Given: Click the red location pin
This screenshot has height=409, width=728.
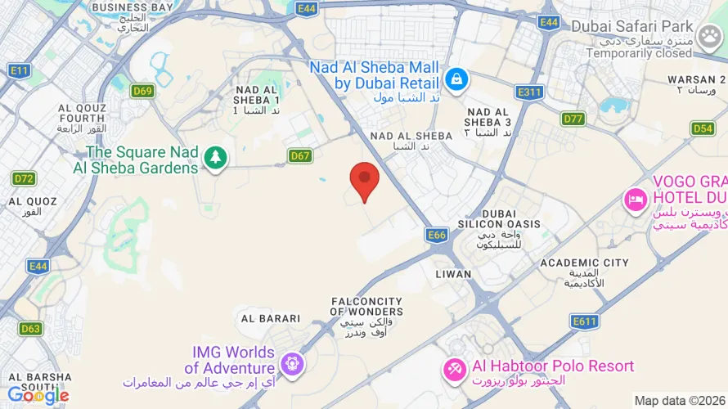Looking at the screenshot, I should point(364,179).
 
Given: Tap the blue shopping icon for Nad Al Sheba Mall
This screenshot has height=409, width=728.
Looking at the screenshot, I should point(455,79).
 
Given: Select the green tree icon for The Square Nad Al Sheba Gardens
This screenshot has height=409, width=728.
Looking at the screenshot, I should point(215,157).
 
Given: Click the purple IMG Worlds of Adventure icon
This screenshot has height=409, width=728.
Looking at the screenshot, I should point(291,362).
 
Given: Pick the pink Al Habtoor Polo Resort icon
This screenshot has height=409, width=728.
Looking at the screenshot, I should point(454,370).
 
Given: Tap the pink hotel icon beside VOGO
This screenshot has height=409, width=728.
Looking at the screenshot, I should point(636,199).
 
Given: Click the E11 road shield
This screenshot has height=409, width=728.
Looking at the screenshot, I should point(20,71).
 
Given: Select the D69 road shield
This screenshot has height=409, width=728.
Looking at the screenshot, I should point(142,91).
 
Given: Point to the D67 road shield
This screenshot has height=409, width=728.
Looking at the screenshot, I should point(300,155).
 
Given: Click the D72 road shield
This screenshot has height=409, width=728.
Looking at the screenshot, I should point(25,178).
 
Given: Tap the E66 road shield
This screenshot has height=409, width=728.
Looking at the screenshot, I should point(438,236).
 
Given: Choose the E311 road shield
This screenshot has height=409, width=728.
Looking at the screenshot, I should point(529,92).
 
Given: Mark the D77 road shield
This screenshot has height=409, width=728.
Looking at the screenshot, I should point(573,119).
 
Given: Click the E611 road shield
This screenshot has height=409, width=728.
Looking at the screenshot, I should point(585,321).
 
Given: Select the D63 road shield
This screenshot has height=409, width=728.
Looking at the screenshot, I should point(30,329).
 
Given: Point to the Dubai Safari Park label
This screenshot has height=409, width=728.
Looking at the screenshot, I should point(632,26).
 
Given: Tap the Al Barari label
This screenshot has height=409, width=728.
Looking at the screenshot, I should point(269,318).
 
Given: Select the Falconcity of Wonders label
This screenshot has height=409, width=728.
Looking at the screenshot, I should point(367,306).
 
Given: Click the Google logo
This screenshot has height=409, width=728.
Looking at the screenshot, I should point(38,395).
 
